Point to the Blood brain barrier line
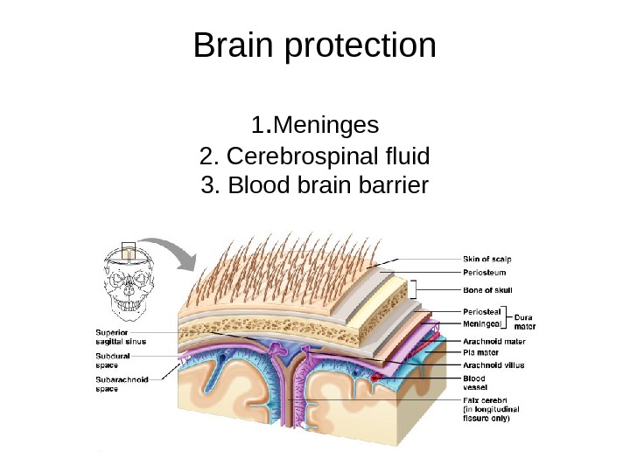click(315, 185)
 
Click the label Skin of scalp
click(487, 259)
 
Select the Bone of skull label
click(486, 289)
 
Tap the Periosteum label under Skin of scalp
click(483, 272)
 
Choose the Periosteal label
click(481, 311)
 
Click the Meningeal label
click(482, 323)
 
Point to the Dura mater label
click(524, 322)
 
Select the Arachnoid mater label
click(493, 343)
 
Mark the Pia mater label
click(480, 353)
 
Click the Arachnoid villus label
click(493, 364)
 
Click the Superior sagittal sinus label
click(120, 337)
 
